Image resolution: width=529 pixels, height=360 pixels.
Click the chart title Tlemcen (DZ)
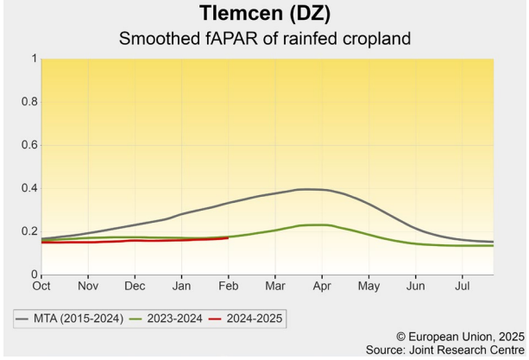pos(264,14)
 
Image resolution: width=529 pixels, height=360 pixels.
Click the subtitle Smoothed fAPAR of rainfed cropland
pos(264,39)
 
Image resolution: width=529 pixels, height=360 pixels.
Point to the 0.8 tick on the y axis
pos(28,102)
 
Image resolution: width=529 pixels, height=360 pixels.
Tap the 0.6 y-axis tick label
pos(28,145)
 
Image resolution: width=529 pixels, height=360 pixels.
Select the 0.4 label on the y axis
pos(28,188)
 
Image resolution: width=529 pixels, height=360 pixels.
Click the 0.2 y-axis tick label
pos(28,231)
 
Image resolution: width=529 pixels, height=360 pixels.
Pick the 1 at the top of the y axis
pos(34,59)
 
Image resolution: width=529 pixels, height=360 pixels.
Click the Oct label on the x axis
pos(41,284)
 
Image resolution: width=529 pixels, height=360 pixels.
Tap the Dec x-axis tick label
pos(135,284)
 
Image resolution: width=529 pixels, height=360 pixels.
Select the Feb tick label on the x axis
pos(228,284)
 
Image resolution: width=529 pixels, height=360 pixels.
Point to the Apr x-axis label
pos(322,284)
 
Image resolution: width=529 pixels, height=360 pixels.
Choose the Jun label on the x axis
pos(416,284)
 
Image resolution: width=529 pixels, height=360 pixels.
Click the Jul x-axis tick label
pos(463,284)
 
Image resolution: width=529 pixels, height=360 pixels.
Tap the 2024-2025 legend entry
pos(249,319)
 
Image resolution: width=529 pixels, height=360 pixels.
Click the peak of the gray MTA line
pos(309,189)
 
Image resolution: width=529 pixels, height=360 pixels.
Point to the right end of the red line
pos(228,237)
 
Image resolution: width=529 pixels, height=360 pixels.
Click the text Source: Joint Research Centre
pos(445,349)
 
